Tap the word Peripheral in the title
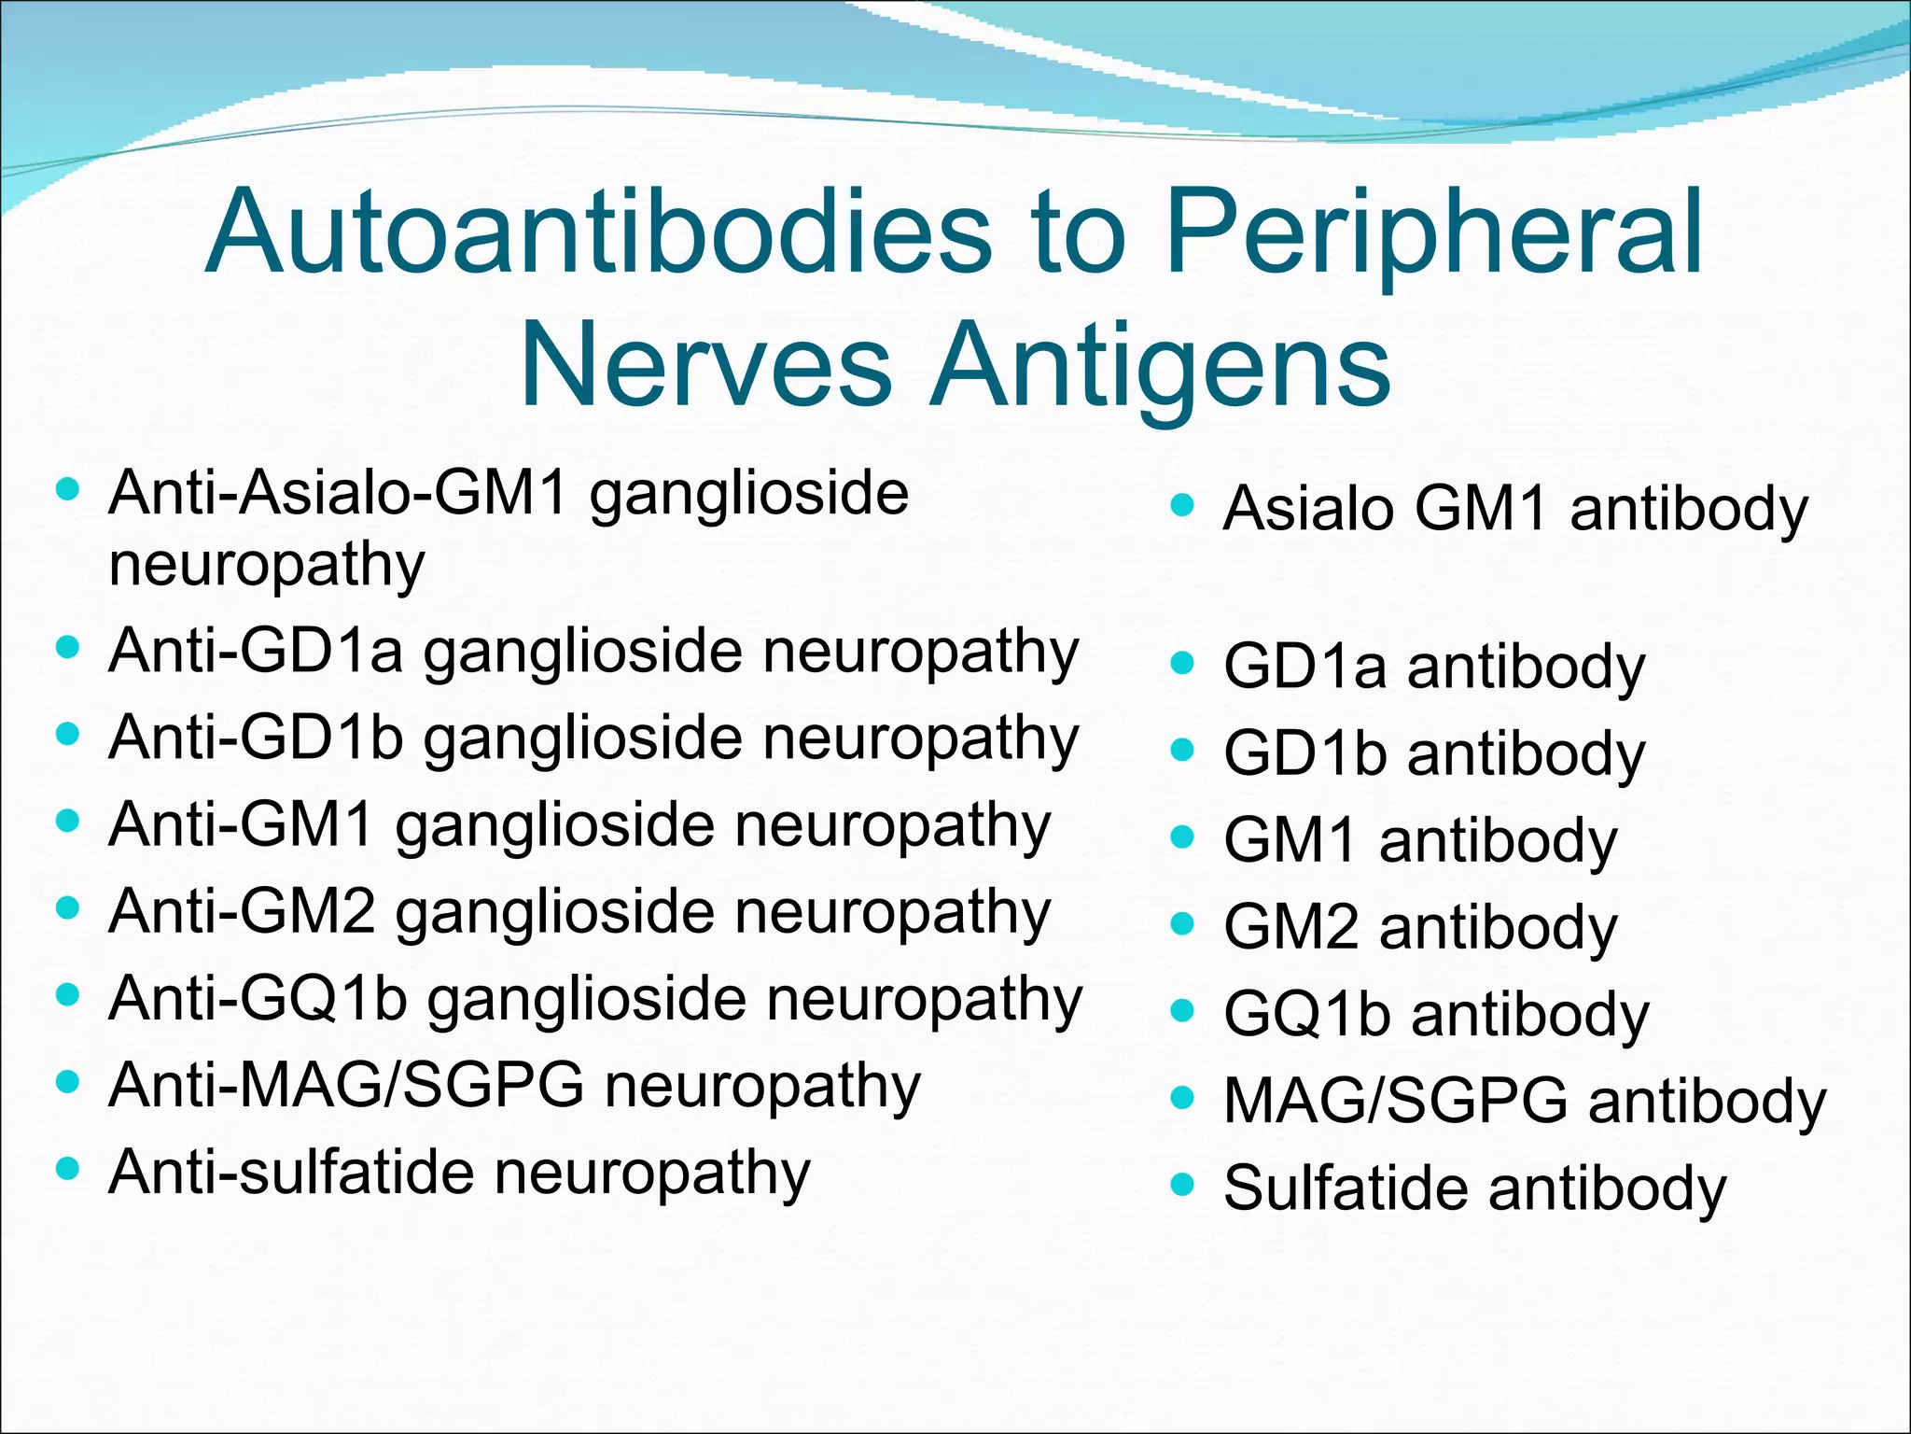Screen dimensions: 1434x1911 pyautogui.click(x=1435, y=233)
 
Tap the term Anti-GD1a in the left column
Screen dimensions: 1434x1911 pyautogui.click(x=256, y=651)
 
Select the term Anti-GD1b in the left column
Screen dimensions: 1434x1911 pyautogui.click(x=256, y=738)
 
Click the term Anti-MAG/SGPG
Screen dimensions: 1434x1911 pyautogui.click(x=346, y=1085)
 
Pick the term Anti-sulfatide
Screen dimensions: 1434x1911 pyautogui.click(x=290, y=1172)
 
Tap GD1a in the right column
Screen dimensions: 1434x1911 pyautogui.click(x=1304, y=667)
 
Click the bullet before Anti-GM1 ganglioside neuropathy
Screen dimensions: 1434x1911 pyautogui.click(x=68, y=822)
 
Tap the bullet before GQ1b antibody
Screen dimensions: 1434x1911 pyautogui.click(x=1182, y=1010)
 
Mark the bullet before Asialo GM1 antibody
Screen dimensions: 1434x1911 pyautogui.click(x=1182, y=505)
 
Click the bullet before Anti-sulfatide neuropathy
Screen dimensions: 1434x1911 pyautogui.click(x=68, y=1168)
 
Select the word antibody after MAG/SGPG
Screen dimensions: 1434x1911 pyautogui.click(x=1708, y=1103)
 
